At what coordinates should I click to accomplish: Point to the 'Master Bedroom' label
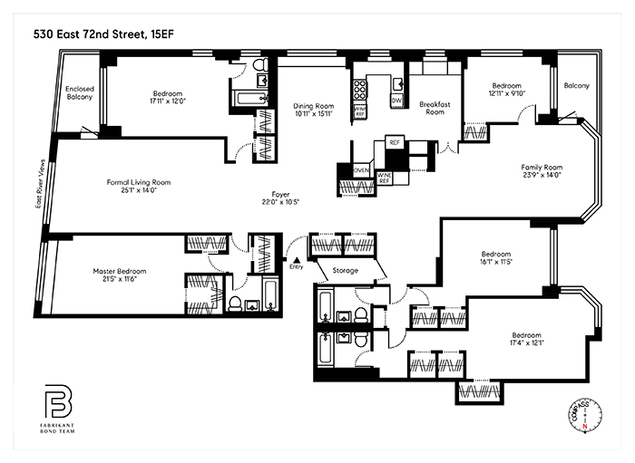[x=119, y=271]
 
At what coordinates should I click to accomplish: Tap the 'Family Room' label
[x=542, y=167]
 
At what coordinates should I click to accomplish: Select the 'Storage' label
[x=345, y=270]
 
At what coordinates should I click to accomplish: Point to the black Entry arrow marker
[x=296, y=259]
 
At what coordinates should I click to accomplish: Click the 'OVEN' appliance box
[x=360, y=169]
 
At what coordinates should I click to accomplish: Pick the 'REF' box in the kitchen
[x=395, y=142]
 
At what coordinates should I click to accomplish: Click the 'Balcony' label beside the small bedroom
[x=576, y=85]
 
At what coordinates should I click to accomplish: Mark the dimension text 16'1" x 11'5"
[x=495, y=263]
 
